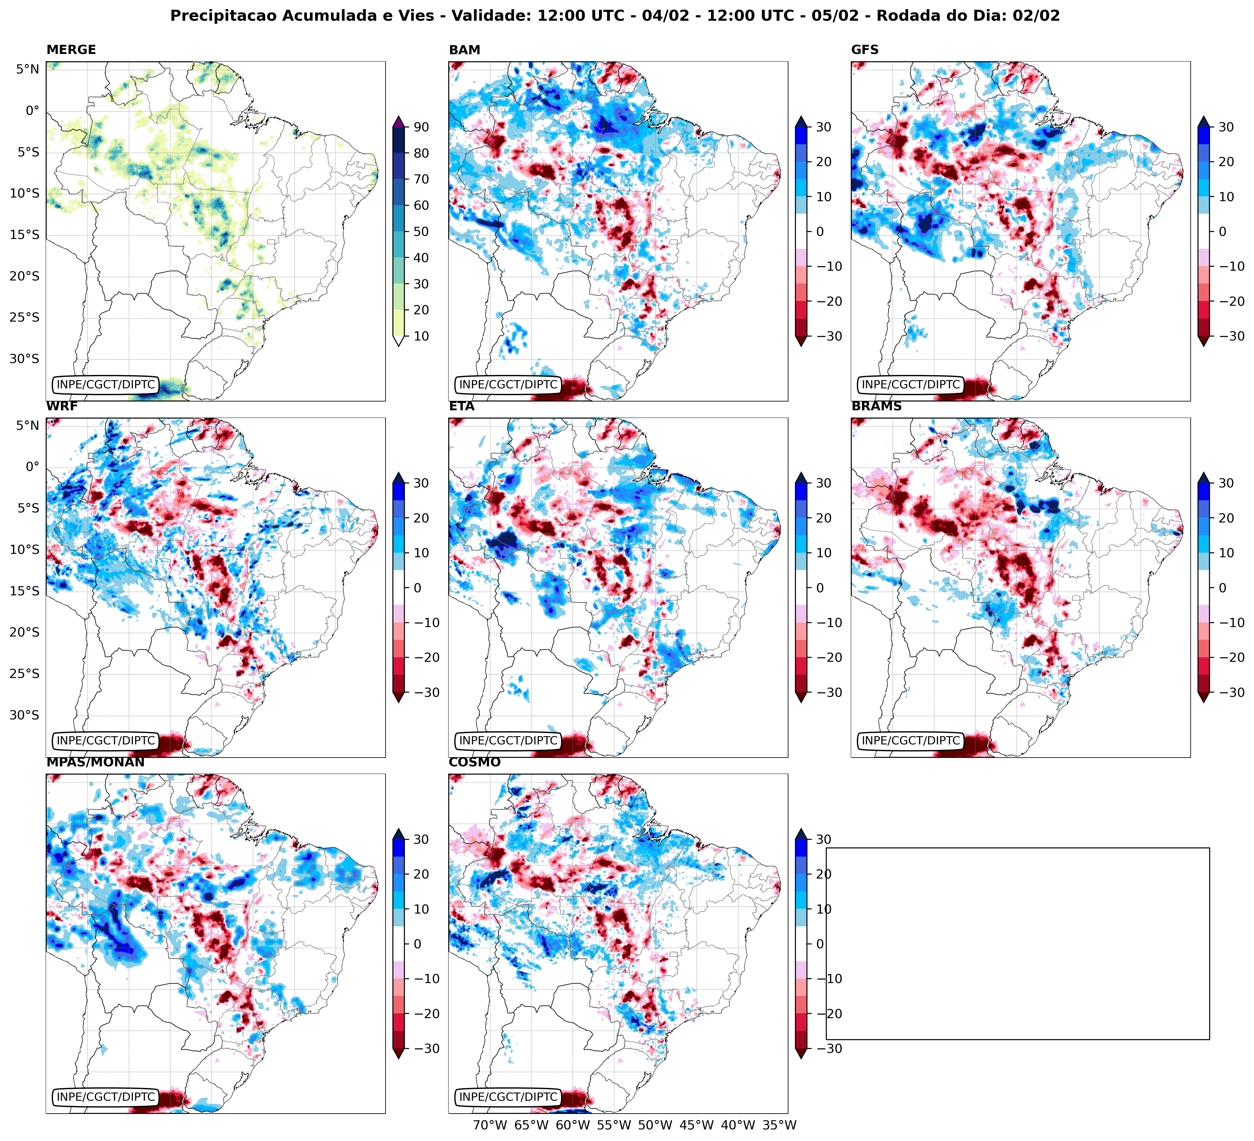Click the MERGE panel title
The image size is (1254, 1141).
pyautogui.click(x=71, y=50)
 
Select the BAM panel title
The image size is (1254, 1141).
pyautogui.click(x=464, y=50)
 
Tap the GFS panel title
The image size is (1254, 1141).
pyautogui.click(x=865, y=50)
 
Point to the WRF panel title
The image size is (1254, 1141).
pyautogui.click(x=62, y=406)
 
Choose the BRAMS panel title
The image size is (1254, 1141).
pyautogui.click(x=876, y=406)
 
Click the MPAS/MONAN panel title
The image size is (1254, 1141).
pyautogui.click(x=95, y=762)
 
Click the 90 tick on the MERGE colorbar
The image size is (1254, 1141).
pyautogui.click(x=421, y=127)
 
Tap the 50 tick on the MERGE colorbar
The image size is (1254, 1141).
pyautogui.click(x=421, y=231)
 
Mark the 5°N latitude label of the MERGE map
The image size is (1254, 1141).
pyautogui.click(x=27, y=69)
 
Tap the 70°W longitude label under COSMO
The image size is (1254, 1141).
pyautogui.click(x=490, y=1125)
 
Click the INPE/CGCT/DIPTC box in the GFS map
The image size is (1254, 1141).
pyautogui.click(x=911, y=384)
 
